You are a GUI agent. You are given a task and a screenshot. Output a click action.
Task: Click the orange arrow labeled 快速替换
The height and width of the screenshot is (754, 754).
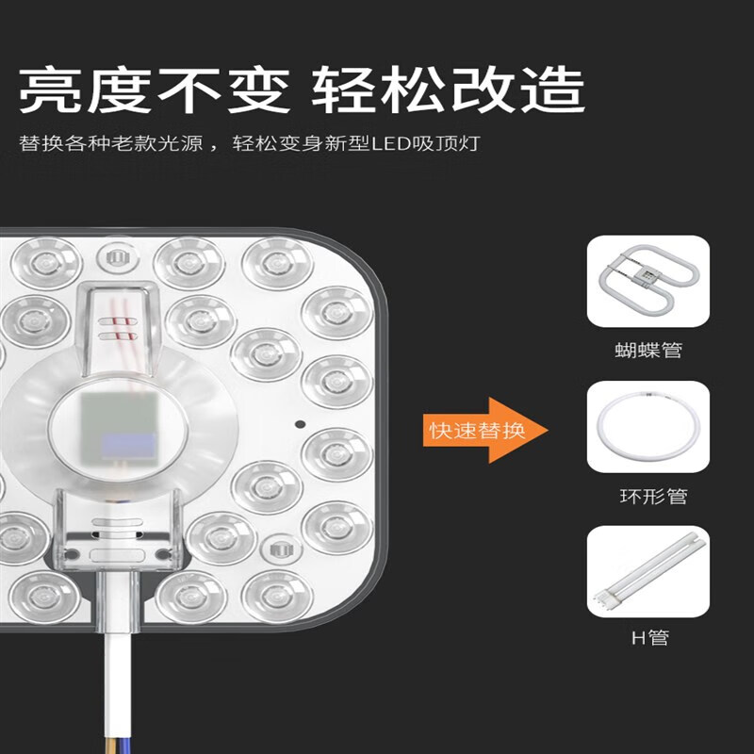(486, 430)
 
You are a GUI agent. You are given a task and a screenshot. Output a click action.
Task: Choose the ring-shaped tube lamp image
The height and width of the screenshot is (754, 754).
(647, 427)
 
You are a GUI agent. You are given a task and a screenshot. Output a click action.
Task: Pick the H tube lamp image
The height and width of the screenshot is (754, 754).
(647, 571)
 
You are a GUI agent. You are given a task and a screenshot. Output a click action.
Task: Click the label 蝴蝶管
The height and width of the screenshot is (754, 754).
(647, 351)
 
